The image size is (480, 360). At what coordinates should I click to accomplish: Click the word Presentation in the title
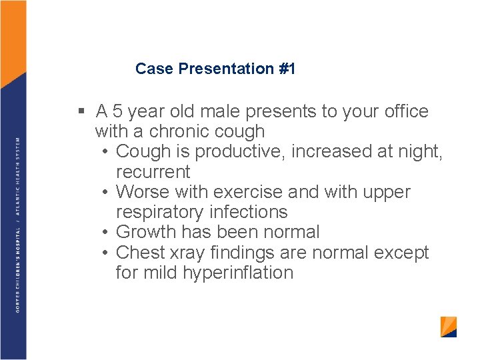click(x=226, y=68)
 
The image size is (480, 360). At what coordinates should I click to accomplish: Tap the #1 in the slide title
click(x=287, y=68)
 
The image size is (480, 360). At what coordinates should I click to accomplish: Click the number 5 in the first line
click(x=117, y=111)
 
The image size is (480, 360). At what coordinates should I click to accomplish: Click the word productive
click(x=237, y=152)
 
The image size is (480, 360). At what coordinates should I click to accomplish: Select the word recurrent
click(x=153, y=172)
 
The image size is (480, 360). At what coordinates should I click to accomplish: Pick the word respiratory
click(x=159, y=213)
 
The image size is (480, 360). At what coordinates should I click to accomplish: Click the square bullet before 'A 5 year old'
click(x=81, y=111)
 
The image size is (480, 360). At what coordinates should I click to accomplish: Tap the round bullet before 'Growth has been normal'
click(x=105, y=233)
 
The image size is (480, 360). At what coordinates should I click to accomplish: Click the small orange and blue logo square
click(x=449, y=327)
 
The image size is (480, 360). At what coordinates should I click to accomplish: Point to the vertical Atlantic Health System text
click(x=18, y=176)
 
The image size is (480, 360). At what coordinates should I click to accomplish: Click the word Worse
click(x=143, y=192)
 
